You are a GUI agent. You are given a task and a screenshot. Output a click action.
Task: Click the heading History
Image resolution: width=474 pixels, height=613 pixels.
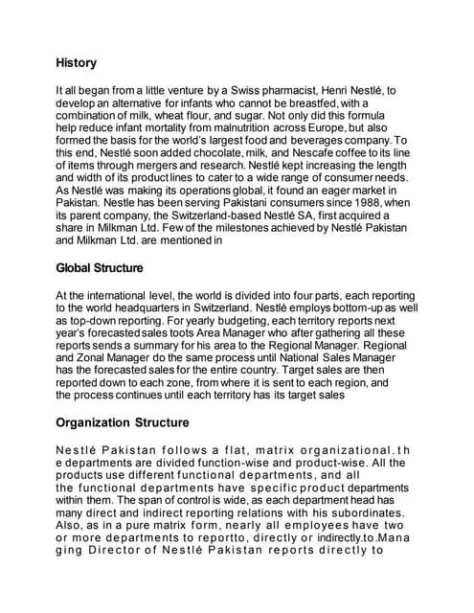pos(76,63)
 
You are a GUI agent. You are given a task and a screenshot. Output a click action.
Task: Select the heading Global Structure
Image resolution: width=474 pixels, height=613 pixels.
pos(100,268)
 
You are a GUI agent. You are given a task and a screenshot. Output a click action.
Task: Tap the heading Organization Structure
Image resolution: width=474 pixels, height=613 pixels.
pos(123,421)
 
